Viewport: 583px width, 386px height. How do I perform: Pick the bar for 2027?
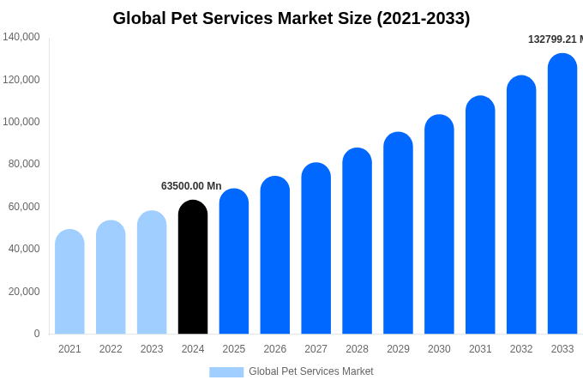point(316,248)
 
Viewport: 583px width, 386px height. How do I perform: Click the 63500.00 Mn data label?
point(191,186)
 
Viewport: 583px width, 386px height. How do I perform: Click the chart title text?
point(291,18)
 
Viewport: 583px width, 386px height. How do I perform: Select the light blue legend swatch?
point(226,371)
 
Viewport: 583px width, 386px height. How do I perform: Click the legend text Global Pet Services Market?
point(311,371)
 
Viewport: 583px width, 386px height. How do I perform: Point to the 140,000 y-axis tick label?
point(21,37)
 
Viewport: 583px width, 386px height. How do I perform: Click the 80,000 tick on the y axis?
point(24,164)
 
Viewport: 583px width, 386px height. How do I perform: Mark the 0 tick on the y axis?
point(37,334)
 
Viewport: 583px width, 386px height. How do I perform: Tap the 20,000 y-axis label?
point(24,292)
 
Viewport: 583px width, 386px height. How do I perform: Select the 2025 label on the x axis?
point(234,349)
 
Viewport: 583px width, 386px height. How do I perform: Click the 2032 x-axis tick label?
point(521,349)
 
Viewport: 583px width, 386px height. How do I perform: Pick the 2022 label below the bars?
point(111,349)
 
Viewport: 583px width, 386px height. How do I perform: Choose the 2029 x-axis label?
point(398,349)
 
